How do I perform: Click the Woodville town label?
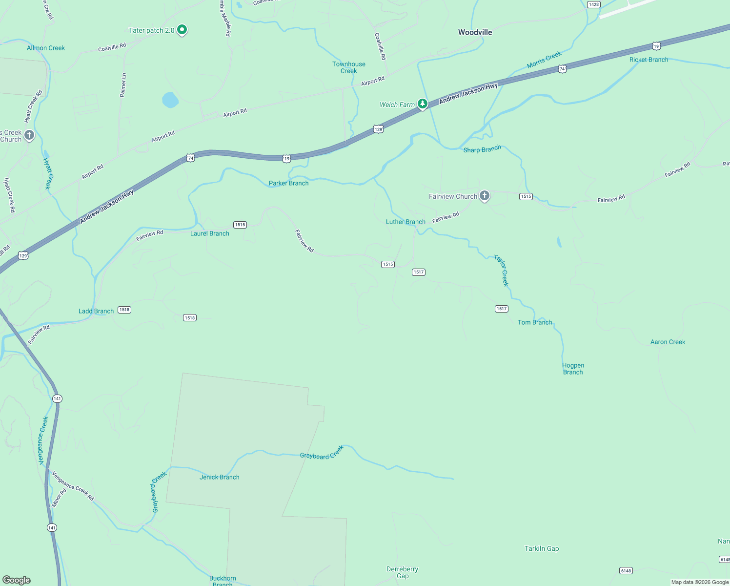[475, 32]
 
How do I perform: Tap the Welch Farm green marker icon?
[423, 104]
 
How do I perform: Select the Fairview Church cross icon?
[484, 196]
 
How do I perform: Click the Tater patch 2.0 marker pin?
[182, 30]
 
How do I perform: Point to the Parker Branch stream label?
[288, 183]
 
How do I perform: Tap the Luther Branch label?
[406, 222]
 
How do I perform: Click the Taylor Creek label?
[501, 270]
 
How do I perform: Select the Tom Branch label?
[535, 322]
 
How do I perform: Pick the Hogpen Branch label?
[573, 369]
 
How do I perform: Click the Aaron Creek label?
[668, 342]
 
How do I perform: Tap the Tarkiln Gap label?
[542, 548]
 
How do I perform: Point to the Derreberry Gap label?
[402, 572]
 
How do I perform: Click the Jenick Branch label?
[220, 477]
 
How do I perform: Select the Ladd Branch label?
[96, 311]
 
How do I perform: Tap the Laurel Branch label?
[209, 233]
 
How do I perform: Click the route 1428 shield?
[593, 4]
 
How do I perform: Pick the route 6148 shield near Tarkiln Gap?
[626, 570]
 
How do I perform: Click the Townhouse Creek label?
[349, 67]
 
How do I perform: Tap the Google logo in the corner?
[17, 580]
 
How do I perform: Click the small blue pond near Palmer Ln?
[170, 100]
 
